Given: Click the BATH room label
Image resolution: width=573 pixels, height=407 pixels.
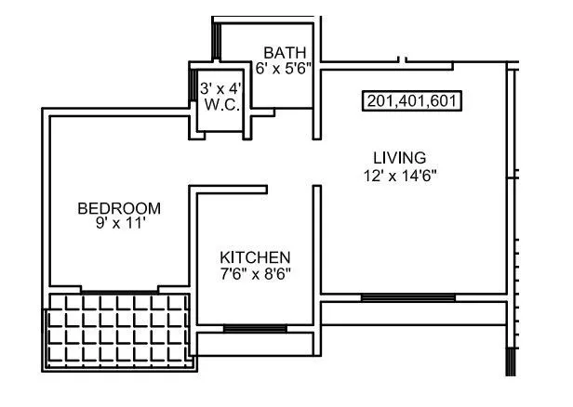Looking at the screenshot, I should (x=284, y=52).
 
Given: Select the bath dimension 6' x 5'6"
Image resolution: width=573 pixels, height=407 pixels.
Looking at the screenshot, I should (x=283, y=68).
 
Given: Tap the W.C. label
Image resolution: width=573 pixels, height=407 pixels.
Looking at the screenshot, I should (x=222, y=105).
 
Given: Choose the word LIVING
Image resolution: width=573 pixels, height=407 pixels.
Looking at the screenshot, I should (x=400, y=157).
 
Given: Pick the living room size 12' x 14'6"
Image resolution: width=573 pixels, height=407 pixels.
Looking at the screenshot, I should (x=400, y=174).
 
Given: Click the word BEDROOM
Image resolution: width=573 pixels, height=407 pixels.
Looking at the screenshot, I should (x=119, y=208).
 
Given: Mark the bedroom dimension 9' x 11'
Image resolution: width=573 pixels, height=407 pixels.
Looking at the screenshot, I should (x=119, y=224).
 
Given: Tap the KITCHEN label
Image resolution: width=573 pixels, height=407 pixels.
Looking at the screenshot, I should (x=255, y=256).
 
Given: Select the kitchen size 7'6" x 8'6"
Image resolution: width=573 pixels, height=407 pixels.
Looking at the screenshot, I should (x=255, y=273).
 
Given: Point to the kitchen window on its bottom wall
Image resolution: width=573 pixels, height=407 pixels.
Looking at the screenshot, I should (x=255, y=328).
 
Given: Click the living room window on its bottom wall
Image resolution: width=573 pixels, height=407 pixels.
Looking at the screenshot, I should (x=395, y=297).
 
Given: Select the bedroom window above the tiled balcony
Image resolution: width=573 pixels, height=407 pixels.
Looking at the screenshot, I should (x=119, y=291).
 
